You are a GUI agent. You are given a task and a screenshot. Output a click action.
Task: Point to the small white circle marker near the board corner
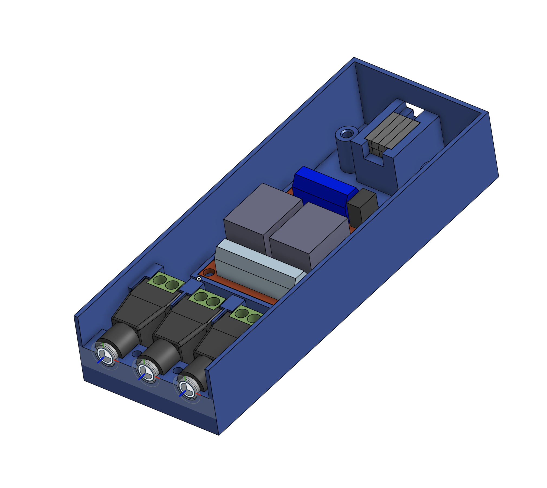pyautogui.click(x=199, y=279)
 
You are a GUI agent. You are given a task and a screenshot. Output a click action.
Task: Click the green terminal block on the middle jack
pyautogui.click(x=207, y=299)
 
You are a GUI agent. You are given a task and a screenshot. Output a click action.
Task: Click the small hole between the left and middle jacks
pyautogui.click(x=137, y=353)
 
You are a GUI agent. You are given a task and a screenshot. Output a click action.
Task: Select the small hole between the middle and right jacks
pyautogui.click(x=178, y=370)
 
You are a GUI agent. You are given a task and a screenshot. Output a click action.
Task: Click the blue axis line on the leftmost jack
pyautogui.click(x=100, y=360)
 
